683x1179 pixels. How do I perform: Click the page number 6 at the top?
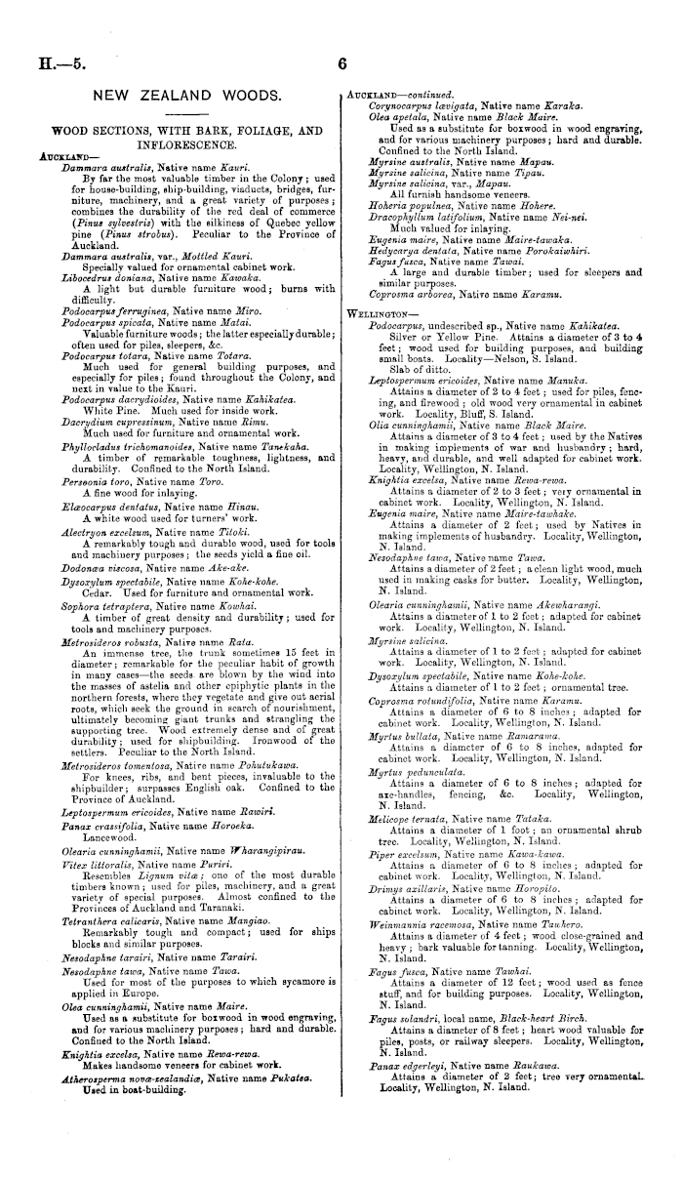pyautogui.click(x=342, y=64)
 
